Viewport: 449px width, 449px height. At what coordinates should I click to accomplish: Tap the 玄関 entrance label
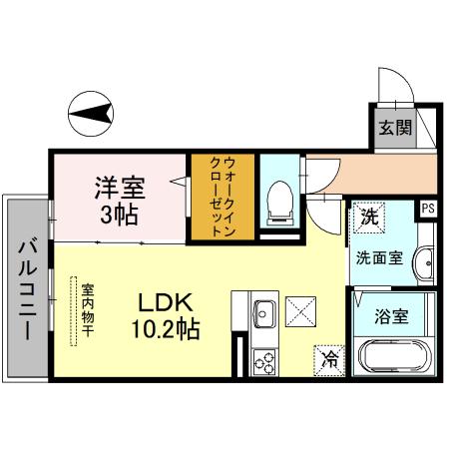390,127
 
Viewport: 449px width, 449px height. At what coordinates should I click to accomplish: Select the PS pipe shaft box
427,209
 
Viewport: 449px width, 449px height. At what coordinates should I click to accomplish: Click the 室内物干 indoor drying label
87,305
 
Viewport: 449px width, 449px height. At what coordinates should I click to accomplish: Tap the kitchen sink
263,315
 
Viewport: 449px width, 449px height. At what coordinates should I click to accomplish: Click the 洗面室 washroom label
379,257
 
